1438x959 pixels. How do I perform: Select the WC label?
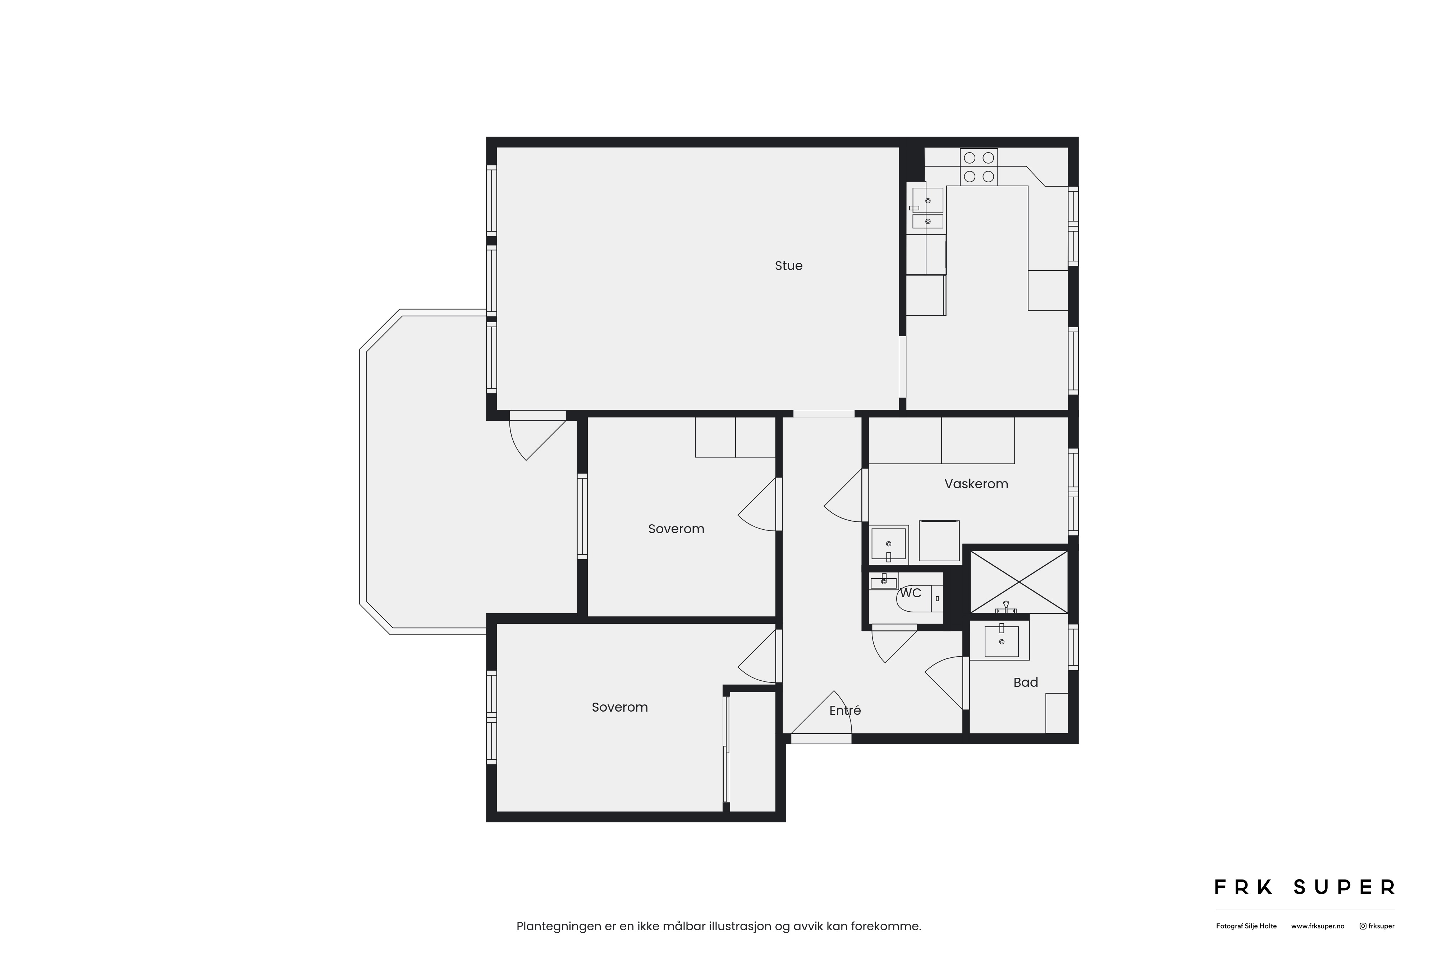pyautogui.click(x=910, y=593)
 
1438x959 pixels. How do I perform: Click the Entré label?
pyautogui.click(x=845, y=710)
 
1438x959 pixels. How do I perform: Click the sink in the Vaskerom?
pyautogui.click(x=888, y=544)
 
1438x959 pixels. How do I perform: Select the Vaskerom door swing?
pyautogui.click(x=843, y=496)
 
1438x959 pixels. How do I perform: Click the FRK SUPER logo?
pyautogui.click(x=1304, y=887)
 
